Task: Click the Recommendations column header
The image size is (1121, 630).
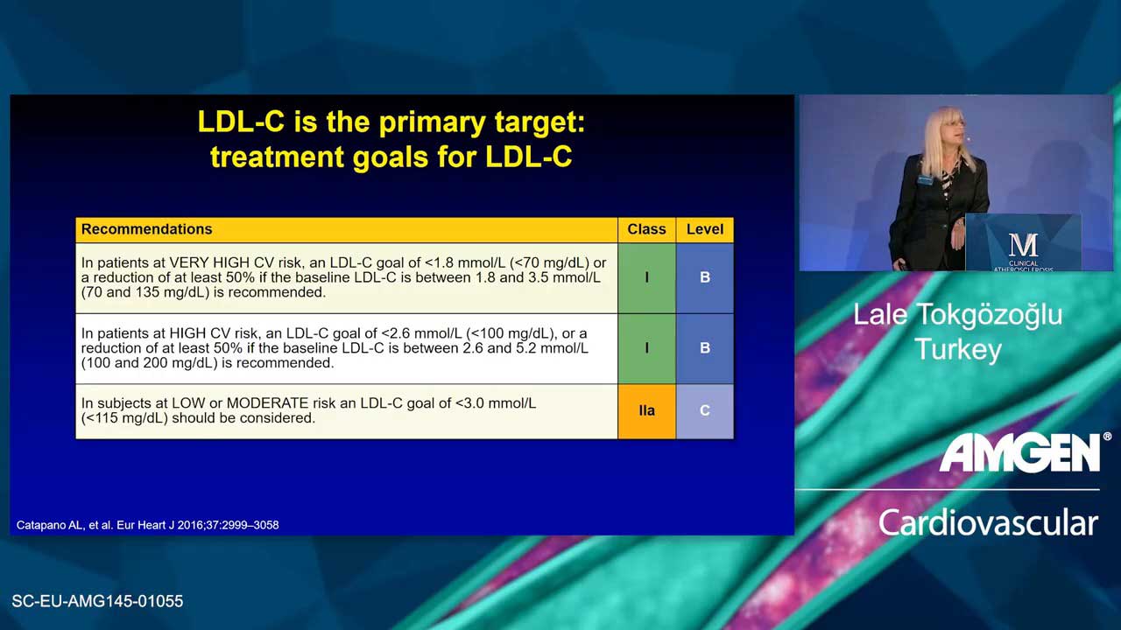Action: coord(146,229)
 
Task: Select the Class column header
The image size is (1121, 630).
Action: coord(646,229)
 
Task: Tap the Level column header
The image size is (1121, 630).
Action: coord(705,229)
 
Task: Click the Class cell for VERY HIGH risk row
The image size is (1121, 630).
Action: coord(646,278)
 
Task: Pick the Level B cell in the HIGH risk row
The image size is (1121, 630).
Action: coord(705,348)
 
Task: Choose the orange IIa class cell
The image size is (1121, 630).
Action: coord(646,411)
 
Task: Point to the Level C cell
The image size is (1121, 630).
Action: coord(705,411)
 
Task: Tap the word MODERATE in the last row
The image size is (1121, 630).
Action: coord(267,403)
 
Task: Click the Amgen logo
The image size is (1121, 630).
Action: coord(1021,452)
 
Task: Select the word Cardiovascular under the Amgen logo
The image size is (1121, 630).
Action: coord(989,523)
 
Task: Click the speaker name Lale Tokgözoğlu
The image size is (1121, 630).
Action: coord(957,316)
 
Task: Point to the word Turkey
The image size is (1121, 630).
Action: coord(958,349)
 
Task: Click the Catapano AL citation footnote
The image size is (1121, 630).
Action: coord(148,525)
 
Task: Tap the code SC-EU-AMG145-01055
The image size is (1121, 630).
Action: coord(97,601)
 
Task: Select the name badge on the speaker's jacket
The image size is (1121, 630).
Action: coord(925,179)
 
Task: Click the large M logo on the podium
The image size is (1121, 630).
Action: coord(1023,246)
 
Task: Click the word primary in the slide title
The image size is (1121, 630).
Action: coord(433,122)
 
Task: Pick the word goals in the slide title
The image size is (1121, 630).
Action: coord(391,158)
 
